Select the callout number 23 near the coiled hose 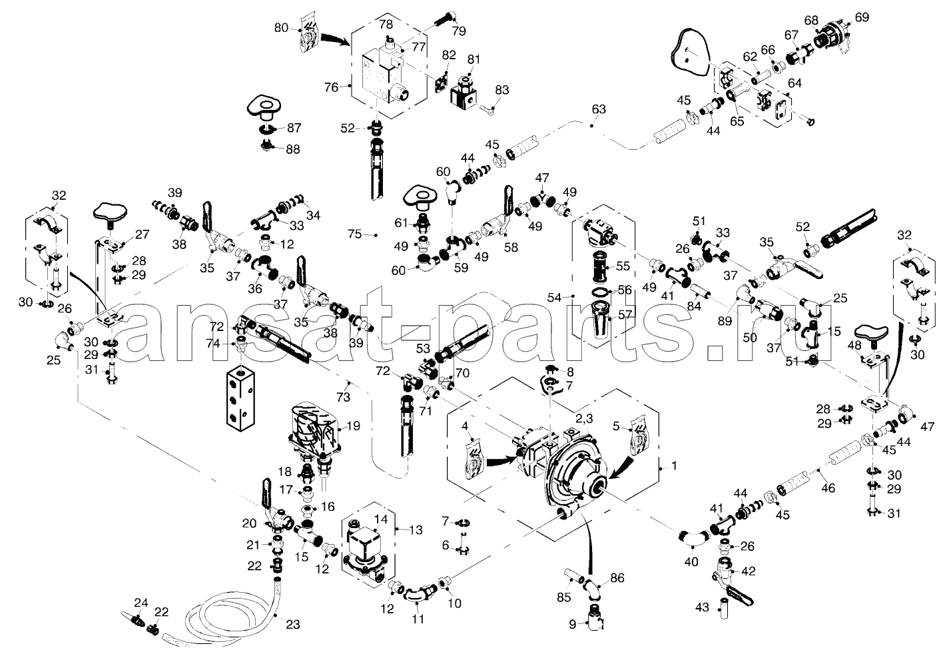(293, 624)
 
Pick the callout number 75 (354, 233)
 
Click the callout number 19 (353, 425)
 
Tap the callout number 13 (417, 530)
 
